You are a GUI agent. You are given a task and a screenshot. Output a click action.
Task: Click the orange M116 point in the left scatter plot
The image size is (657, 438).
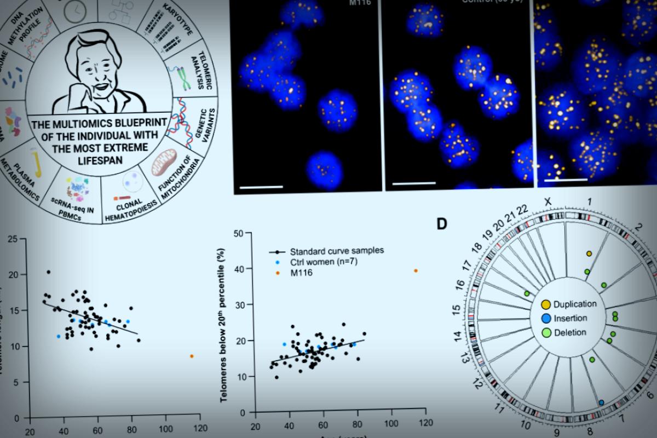tap(192, 356)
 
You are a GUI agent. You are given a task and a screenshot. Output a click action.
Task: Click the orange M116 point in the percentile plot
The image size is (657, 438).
tap(416, 270)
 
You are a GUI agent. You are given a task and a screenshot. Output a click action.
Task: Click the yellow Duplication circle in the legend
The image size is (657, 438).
tap(546, 304)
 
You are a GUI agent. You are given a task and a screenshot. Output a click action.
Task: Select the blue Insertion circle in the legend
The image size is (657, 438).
tap(546, 318)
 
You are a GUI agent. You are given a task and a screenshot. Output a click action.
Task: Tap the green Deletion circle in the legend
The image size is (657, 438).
tap(546, 332)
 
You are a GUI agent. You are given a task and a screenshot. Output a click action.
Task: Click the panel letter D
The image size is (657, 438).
tap(442, 223)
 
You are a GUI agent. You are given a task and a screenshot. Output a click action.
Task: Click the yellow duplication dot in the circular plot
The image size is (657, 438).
tap(589, 253)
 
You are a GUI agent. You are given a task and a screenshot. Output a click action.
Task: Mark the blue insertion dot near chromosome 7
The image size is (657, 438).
tap(601, 402)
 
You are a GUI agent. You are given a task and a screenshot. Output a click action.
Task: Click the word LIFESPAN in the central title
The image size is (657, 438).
tap(99, 159)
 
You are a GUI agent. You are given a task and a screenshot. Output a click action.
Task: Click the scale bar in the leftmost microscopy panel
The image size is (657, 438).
tap(261, 188)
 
